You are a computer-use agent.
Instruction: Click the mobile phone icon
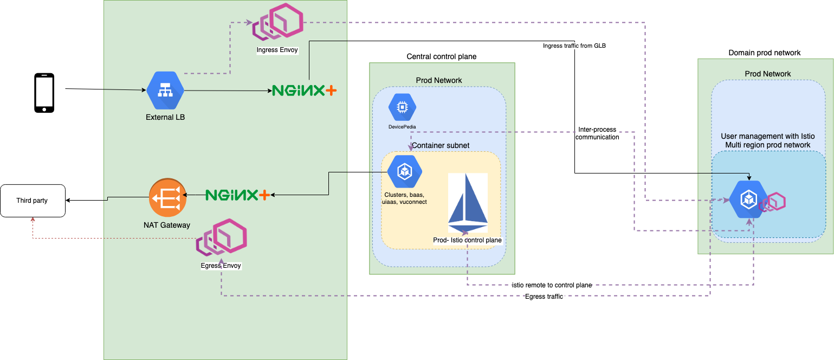pyautogui.click(x=44, y=93)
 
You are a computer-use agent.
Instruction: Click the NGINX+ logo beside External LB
pyautogui.click(x=304, y=91)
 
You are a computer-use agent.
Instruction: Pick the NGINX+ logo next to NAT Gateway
pyautogui.click(x=237, y=195)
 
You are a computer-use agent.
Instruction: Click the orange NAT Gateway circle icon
pyautogui.click(x=168, y=198)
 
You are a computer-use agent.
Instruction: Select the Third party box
pyautogui.click(x=33, y=201)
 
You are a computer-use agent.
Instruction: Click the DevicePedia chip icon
pyautogui.click(x=402, y=107)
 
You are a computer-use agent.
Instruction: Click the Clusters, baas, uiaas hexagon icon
pyautogui.click(x=405, y=171)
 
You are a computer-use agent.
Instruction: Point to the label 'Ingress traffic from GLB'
pyautogui.click(x=574, y=46)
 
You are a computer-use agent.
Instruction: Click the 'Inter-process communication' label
pyautogui.click(x=597, y=133)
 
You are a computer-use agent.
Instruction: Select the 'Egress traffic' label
pyautogui.click(x=544, y=297)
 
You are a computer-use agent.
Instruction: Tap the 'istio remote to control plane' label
pyautogui.click(x=552, y=285)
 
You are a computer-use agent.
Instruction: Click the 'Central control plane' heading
pyautogui.click(x=441, y=57)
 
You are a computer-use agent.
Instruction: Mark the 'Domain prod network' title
pyautogui.click(x=764, y=53)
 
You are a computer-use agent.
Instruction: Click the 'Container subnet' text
pyautogui.click(x=441, y=146)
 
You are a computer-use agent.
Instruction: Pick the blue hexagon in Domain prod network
pyautogui.click(x=748, y=199)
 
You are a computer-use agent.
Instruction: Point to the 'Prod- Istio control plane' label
pyautogui.click(x=467, y=240)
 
